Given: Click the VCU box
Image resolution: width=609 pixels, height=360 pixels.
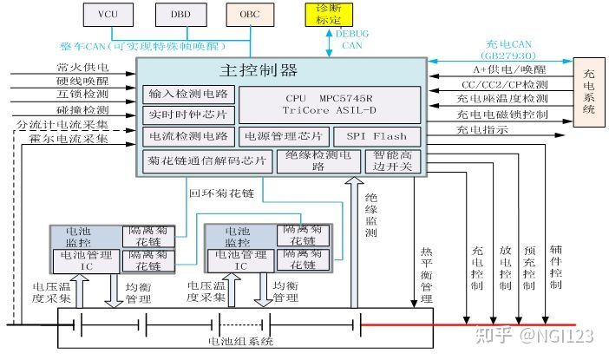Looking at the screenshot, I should (108, 14).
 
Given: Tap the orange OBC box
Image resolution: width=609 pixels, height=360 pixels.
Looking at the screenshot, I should (249, 14).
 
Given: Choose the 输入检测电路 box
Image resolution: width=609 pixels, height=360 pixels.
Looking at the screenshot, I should (187, 94).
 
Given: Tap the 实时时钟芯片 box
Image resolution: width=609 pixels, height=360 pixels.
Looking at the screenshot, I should (187, 115).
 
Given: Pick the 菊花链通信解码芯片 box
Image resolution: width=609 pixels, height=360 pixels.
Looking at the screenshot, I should (206, 161).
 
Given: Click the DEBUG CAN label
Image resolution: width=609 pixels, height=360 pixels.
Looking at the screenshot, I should (351, 39).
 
